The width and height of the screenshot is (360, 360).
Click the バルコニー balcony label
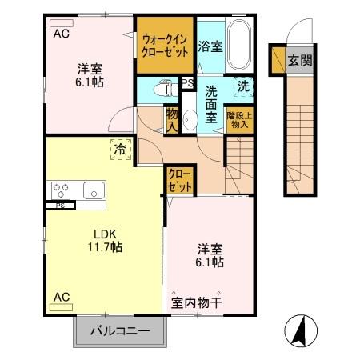point(119,330)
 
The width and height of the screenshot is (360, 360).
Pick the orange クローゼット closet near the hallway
point(180,180)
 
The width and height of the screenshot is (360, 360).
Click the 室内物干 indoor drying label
point(196,303)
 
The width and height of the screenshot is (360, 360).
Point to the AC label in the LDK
point(62,297)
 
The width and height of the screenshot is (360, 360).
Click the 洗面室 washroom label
point(211,103)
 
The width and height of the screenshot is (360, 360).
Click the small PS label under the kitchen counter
point(59,206)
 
